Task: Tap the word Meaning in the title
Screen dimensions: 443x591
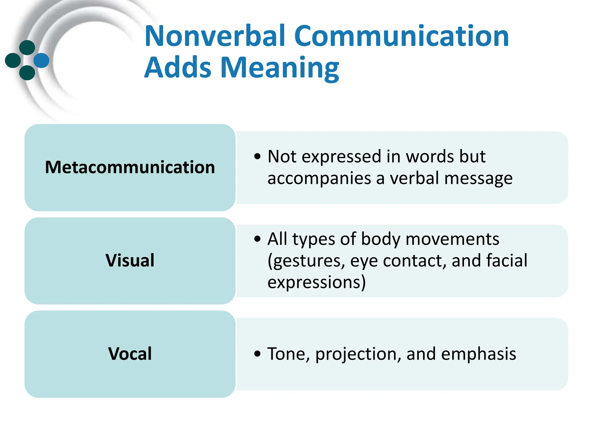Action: [x=280, y=68]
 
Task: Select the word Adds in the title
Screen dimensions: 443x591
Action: [x=178, y=68]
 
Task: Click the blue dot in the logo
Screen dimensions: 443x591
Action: [x=41, y=60]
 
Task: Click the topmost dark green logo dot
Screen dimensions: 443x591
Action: [x=27, y=48]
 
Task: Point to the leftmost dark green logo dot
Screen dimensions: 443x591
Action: [x=13, y=60]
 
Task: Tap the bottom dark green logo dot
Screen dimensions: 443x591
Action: [x=27, y=73]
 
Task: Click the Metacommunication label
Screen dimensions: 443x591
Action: [x=130, y=167]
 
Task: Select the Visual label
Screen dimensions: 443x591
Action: [x=130, y=260]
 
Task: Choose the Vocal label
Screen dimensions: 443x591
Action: [x=130, y=354]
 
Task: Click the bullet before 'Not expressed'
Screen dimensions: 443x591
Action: [x=257, y=157]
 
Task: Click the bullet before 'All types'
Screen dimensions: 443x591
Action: [x=257, y=239]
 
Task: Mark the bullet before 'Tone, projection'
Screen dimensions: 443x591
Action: [x=257, y=354]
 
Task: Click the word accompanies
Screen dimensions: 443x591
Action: [x=319, y=179]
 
